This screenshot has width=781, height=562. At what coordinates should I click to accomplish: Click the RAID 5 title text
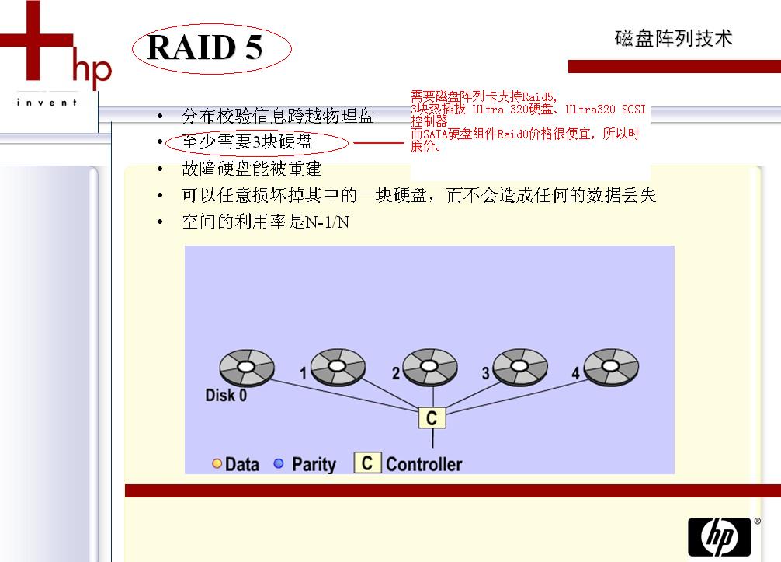[x=205, y=48]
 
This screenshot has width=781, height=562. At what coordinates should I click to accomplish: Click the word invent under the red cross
[x=47, y=103]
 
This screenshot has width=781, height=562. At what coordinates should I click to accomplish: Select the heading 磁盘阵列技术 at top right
[x=673, y=39]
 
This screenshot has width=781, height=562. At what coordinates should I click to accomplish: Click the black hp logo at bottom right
[x=720, y=536]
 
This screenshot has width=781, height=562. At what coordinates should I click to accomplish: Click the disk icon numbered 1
[x=338, y=365]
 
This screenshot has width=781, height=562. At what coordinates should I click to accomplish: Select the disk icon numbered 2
[x=429, y=365]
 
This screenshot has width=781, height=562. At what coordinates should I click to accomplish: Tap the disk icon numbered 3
[x=520, y=365]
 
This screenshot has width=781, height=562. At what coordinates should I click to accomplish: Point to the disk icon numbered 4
[x=612, y=365]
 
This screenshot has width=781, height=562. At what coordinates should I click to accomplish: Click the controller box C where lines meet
[x=431, y=418]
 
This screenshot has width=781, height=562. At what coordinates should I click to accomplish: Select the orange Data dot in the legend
[x=217, y=464]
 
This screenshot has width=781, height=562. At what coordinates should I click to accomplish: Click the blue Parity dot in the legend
[x=279, y=464]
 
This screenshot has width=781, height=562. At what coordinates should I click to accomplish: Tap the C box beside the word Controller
[x=367, y=463]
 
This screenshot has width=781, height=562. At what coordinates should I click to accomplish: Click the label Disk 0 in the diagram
[x=226, y=395]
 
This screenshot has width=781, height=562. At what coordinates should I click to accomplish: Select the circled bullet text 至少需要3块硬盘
[x=247, y=142]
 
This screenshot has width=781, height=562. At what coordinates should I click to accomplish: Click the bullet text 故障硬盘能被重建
[x=251, y=169]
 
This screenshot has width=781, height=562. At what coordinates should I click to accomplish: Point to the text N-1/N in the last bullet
[x=327, y=222]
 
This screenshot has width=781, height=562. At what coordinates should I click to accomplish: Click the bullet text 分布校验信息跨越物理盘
[x=277, y=117]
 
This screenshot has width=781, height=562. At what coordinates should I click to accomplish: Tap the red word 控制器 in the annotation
[x=429, y=122]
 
